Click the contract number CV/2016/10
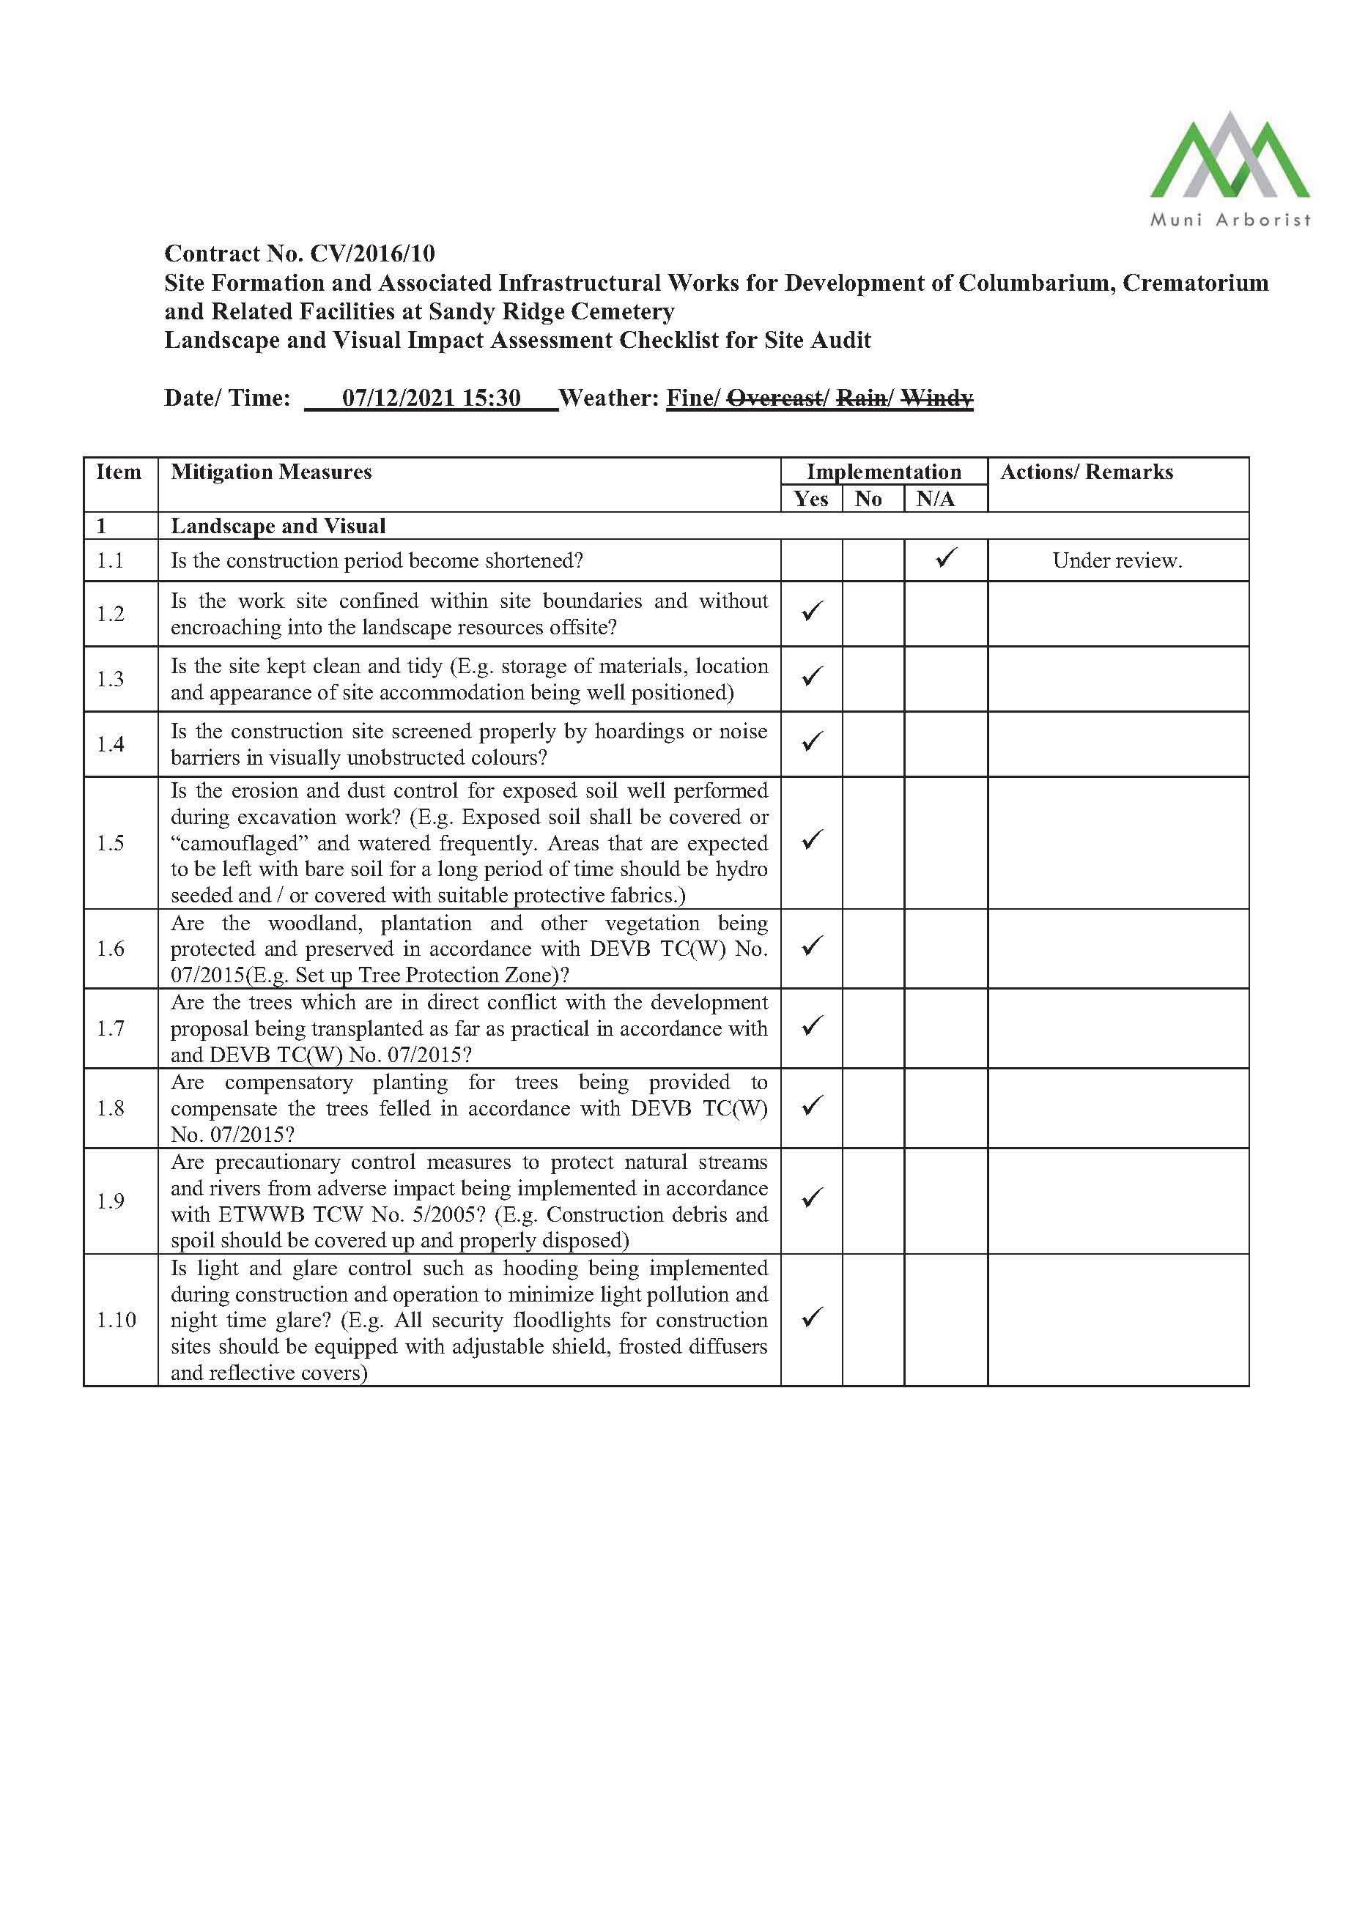click(x=372, y=253)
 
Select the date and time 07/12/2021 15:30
click(x=431, y=397)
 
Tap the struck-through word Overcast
click(x=774, y=398)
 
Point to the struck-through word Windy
click(x=936, y=398)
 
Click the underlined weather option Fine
click(x=689, y=398)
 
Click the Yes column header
click(x=810, y=499)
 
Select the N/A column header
click(x=935, y=499)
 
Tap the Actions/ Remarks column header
click(x=1086, y=472)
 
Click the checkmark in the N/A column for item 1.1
click(x=946, y=557)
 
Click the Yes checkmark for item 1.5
click(x=812, y=840)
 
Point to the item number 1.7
click(x=111, y=1028)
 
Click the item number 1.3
click(x=111, y=679)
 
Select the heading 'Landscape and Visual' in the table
click(x=278, y=526)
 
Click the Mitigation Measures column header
click(x=271, y=472)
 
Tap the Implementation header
click(x=883, y=472)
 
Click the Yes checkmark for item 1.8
click(x=812, y=1106)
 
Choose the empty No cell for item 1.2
click(x=872, y=614)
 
